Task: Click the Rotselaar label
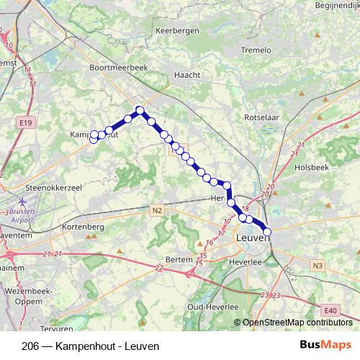click(x=263, y=117)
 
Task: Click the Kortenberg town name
click(x=84, y=227)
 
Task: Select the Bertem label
click(x=179, y=259)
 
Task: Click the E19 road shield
click(x=27, y=124)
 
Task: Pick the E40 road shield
click(x=330, y=310)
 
